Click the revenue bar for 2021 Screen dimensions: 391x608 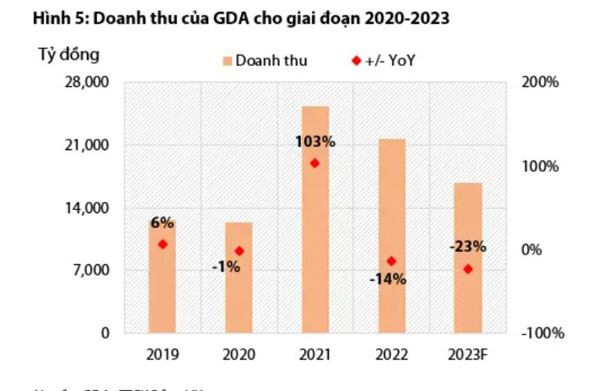pos(315,225)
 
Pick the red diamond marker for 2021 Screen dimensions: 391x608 pos(315,163)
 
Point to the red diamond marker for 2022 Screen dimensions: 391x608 pos(391,261)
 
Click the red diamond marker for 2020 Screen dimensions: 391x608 pos(239,251)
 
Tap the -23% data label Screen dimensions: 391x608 pos(468,246)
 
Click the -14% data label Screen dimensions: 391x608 pos(387,279)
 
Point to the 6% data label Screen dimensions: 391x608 pos(162,223)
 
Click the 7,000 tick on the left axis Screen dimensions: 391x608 pos(92,270)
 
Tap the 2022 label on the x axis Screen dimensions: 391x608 pos(392,354)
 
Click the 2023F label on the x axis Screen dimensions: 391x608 pos(468,354)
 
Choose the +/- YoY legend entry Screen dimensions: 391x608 pos(383,61)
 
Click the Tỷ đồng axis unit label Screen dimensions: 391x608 pos(68,55)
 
